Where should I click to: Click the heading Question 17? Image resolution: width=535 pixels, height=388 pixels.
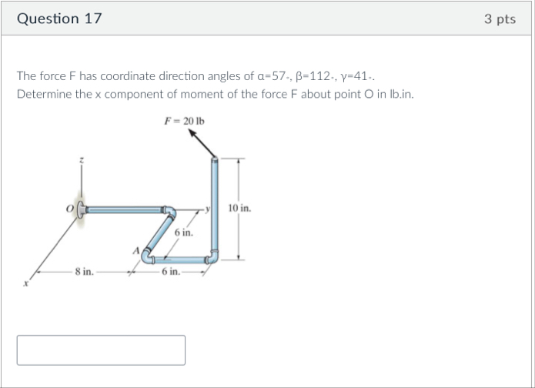pos(59,18)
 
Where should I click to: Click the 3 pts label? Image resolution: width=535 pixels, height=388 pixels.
pos(500,18)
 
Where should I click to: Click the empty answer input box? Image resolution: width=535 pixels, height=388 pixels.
pos(101,350)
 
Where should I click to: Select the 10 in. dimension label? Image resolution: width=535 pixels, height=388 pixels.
pos(240,209)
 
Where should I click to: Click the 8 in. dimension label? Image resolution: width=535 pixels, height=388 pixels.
pos(85,272)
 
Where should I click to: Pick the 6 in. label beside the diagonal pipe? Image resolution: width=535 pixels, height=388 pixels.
pos(183,232)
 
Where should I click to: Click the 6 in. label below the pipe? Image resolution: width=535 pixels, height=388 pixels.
pos(170,272)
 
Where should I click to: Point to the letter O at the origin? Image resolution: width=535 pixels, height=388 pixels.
pos(70,208)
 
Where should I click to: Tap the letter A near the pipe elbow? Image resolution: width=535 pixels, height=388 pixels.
pos(137,250)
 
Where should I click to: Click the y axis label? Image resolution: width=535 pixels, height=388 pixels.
pos(208,208)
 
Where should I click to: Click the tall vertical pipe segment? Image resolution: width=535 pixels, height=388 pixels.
pos(215,208)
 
